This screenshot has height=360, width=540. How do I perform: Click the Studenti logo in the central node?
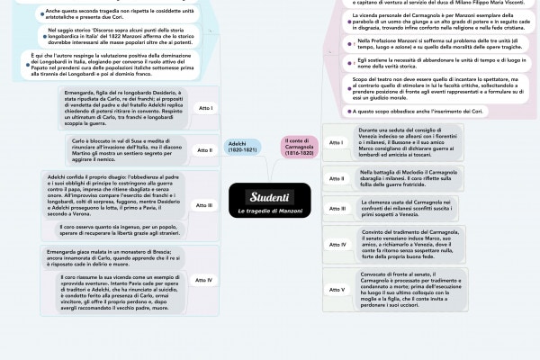coord(269,196)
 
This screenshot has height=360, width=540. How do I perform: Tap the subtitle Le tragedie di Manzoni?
coord(269,211)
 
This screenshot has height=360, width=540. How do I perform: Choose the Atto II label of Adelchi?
coord(205,149)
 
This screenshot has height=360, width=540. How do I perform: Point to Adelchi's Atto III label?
coord(205,205)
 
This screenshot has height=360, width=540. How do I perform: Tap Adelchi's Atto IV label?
coord(205,280)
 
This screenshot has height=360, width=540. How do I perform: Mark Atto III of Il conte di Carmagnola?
coord(337,210)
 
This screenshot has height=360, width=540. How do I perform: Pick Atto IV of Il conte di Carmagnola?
coord(337,244)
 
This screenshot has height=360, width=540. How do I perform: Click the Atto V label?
coord(337,289)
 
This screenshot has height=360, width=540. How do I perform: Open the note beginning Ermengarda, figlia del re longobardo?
coord(123,108)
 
